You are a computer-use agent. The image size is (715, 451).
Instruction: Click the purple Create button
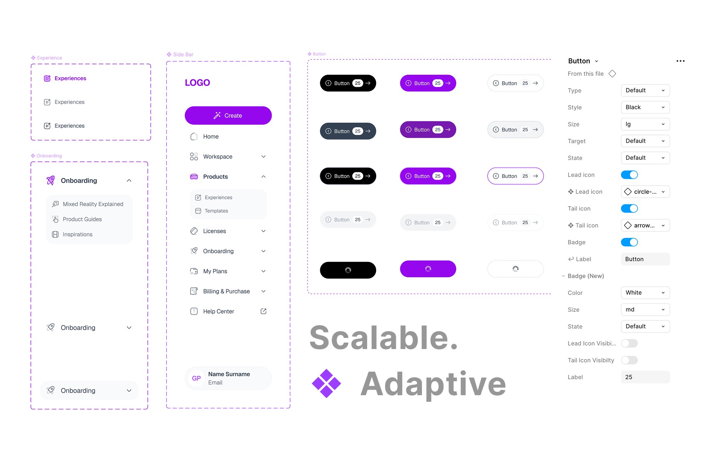(x=228, y=115)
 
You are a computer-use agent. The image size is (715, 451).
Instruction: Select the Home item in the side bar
(x=211, y=137)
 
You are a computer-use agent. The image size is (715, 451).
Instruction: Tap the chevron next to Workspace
(x=263, y=157)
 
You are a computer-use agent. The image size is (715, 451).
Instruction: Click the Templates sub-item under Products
(x=216, y=211)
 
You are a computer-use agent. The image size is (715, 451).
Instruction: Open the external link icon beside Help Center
(x=263, y=311)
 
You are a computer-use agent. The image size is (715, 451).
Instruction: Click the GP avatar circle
(x=196, y=378)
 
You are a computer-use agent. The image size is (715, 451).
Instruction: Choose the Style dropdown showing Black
(x=645, y=107)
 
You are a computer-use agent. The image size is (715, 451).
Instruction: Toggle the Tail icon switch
(x=629, y=208)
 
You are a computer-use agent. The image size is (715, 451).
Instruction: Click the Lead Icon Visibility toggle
(x=629, y=343)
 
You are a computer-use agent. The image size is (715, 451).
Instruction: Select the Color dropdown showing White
(x=645, y=292)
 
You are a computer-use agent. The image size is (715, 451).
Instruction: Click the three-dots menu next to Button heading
(x=680, y=61)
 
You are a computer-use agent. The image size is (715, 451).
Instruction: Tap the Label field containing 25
(x=645, y=377)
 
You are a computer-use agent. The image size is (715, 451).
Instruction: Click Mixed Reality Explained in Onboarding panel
(x=93, y=204)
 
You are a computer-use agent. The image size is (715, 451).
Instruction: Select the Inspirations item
(x=77, y=234)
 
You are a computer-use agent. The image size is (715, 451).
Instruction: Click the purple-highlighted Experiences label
(x=70, y=78)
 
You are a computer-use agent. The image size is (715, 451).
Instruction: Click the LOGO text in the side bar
(x=197, y=83)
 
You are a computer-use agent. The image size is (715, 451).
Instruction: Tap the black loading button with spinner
(x=348, y=270)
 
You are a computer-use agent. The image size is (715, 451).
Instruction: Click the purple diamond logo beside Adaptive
(x=326, y=383)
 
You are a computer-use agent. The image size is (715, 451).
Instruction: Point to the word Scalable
(x=383, y=338)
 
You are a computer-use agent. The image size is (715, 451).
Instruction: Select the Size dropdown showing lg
(x=645, y=124)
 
